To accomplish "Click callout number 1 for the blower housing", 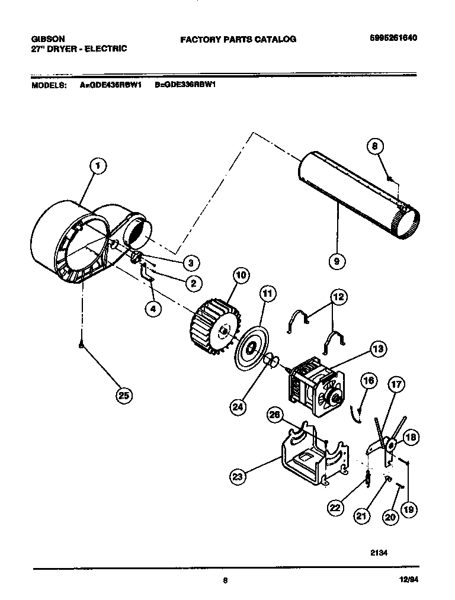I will pos(98,166).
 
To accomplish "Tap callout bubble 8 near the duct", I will pos(376,146).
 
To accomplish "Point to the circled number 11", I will pos(267,293).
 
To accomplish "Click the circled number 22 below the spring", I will pos(335,507).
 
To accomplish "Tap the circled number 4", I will pos(153,308).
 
